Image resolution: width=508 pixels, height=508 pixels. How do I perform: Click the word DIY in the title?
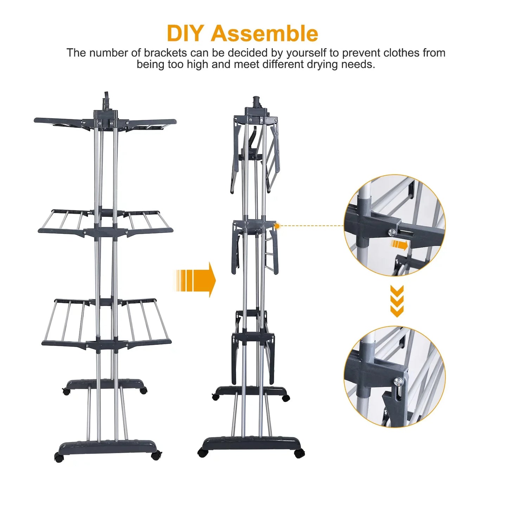pos(185,33)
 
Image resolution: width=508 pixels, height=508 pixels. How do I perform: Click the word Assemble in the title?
pos(264,33)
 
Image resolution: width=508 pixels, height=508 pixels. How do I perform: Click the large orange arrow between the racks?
pos(195,280)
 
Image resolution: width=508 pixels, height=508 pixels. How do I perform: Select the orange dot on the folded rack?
pos(277,226)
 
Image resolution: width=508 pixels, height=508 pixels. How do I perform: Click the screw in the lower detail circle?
pos(398,380)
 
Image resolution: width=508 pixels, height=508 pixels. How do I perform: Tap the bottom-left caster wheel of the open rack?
pos(59,457)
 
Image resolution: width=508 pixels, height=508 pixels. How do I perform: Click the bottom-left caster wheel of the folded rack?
pos(203,452)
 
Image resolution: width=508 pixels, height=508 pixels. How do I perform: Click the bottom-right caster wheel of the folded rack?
pos(299,453)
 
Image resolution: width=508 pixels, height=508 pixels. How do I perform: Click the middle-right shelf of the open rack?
pos(149,223)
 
